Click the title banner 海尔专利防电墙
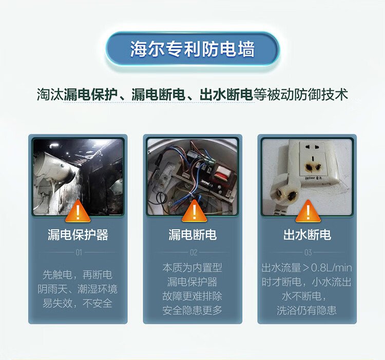[x=192, y=49]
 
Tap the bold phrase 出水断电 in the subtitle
[x=226, y=94]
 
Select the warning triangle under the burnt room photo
[x=78, y=211]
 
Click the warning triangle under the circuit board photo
[x=194, y=211]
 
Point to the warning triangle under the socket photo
[x=308, y=211]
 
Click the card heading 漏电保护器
[x=78, y=235]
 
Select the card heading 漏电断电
[x=192, y=235]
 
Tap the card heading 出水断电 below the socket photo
[x=307, y=235]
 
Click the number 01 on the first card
[x=79, y=253]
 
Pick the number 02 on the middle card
[x=194, y=253]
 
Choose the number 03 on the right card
[x=308, y=253]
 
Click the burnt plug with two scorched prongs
[x=285, y=192]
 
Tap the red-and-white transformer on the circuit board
[x=221, y=173]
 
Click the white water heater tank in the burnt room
[x=55, y=167]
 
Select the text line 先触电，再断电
[x=78, y=275]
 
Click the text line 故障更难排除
[x=192, y=296]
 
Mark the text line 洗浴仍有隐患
[x=306, y=310]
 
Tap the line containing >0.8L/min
[x=306, y=268]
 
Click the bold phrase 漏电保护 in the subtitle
[x=91, y=94]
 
